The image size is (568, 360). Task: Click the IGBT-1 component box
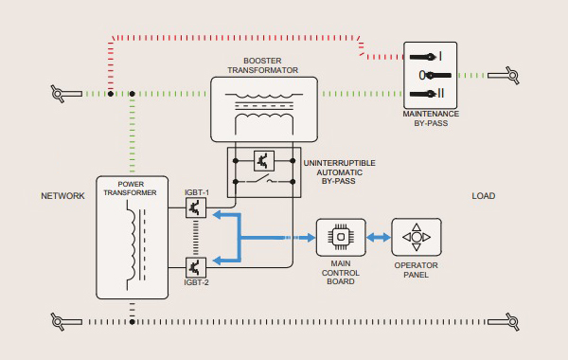196,207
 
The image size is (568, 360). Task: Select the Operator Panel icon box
416,236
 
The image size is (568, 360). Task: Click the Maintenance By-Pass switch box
431,75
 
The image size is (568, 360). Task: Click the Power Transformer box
132,237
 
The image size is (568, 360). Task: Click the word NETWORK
63,196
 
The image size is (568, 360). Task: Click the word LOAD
484,196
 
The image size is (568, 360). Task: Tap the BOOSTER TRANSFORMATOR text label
263,65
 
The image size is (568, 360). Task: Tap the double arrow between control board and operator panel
378,236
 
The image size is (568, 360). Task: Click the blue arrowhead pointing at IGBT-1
215,215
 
